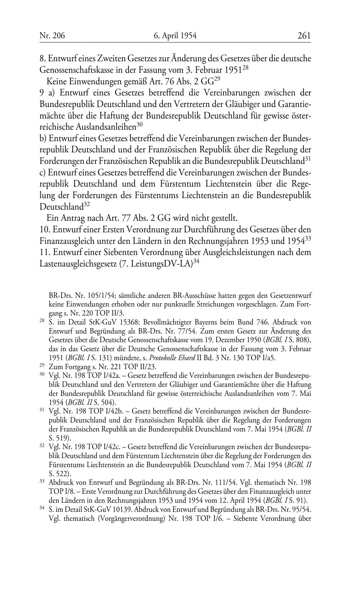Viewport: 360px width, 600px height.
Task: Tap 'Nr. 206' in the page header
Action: coord(53,36)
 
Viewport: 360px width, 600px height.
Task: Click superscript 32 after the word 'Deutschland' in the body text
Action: coord(87,205)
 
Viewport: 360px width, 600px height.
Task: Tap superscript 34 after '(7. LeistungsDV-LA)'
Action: coord(196,261)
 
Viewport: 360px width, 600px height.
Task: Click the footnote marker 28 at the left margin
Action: coord(42,321)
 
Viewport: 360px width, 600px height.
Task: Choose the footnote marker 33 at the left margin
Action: coord(42,481)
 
